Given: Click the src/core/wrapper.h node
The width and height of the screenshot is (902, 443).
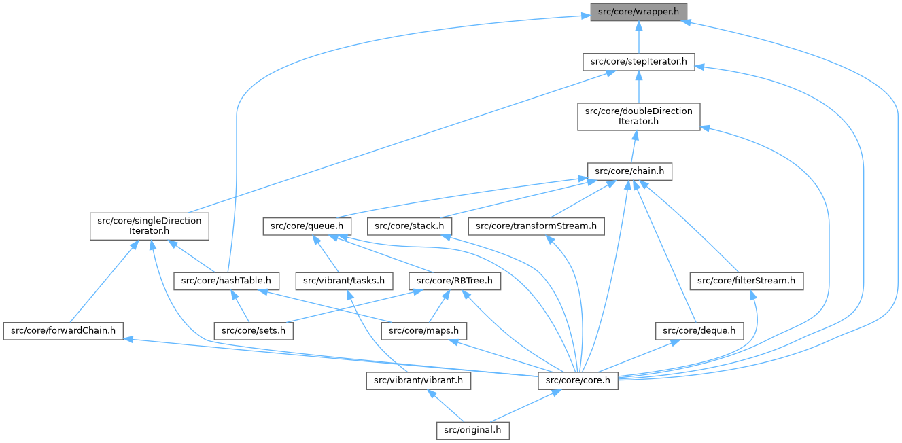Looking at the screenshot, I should (638, 12).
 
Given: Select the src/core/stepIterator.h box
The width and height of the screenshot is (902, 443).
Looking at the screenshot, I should (638, 62).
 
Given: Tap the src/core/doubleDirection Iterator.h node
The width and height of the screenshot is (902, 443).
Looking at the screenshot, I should (638, 116).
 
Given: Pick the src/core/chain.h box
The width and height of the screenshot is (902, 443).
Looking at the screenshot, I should (629, 171).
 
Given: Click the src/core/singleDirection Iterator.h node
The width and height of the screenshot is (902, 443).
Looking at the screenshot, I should (150, 226).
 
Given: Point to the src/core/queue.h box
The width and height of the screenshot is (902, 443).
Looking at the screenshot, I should (307, 226).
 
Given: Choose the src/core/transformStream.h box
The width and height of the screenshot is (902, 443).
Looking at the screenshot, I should (536, 226).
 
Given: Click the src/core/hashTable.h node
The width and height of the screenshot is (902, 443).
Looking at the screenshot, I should (226, 280).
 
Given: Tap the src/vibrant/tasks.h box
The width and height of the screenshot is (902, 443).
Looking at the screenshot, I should (345, 280).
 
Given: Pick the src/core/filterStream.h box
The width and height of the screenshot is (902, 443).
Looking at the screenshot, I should (747, 280).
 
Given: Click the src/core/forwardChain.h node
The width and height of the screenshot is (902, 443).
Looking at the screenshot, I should (63, 331).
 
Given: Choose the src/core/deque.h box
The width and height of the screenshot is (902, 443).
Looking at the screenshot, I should (699, 331).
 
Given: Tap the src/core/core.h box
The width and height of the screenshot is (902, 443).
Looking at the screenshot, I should (578, 380).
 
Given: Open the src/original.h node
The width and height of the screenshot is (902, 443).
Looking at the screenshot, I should (472, 430).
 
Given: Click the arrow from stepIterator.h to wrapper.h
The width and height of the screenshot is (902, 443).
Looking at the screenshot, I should (638, 37).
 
